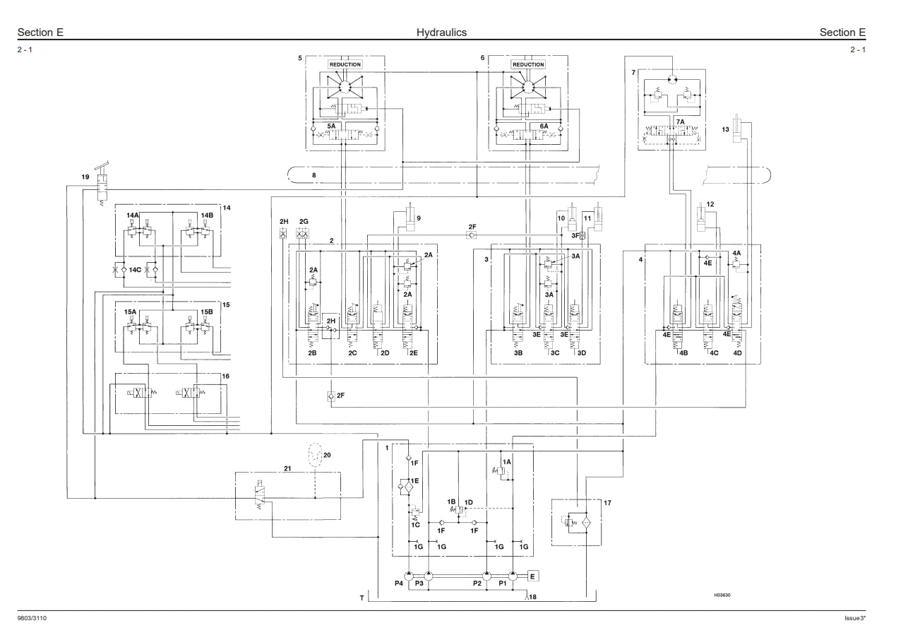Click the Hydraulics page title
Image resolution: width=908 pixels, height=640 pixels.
(x=441, y=32)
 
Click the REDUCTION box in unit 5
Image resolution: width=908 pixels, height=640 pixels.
(x=345, y=64)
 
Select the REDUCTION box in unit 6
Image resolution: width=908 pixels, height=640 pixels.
(x=528, y=64)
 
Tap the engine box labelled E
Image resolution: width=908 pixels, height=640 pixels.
(x=532, y=576)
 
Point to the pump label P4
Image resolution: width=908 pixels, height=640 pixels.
(x=399, y=583)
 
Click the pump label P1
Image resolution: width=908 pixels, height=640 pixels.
(x=503, y=583)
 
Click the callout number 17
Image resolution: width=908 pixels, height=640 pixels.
(x=607, y=503)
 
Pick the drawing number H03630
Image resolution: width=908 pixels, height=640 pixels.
(x=722, y=595)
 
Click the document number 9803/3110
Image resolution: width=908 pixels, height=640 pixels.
(x=32, y=618)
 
